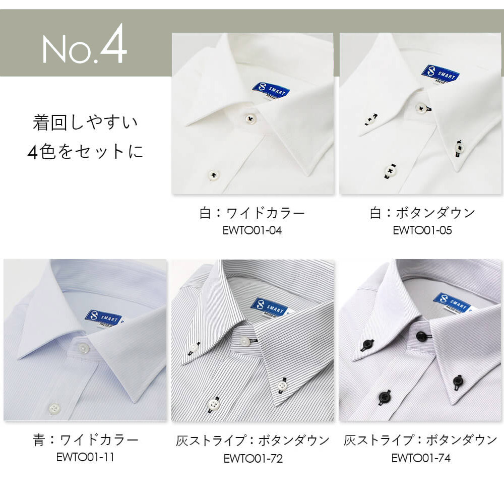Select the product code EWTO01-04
click(252, 230)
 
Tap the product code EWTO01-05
click(422, 230)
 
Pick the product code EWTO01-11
click(85, 457)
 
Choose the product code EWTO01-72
click(253, 458)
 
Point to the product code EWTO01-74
click(421, 458)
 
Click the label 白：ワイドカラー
click(252, 213)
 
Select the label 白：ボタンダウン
click(422, 213)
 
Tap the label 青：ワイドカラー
click(86, 439)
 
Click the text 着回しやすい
click(85, 122)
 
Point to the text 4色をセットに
click(85, 151)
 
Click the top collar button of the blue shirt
click(83, 347)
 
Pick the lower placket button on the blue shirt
click(54, 408)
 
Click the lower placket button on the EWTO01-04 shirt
click(213, 175)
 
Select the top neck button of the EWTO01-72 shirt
click(245, 341)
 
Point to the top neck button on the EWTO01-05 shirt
click(421, 108)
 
